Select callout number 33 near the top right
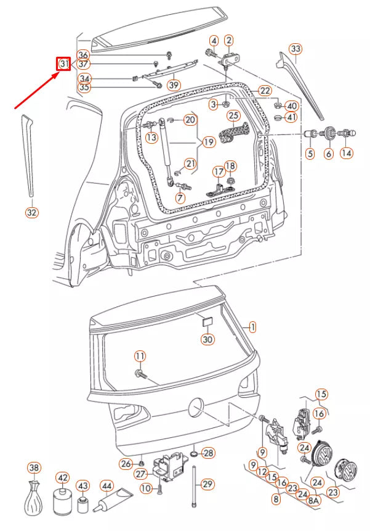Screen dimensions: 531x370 tap(296, 48)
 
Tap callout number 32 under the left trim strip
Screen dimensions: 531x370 tap(32, 213)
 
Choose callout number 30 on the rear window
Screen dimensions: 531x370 tap(208, 339)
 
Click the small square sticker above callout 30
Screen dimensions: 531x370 tap(208, 321)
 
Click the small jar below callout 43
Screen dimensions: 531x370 tap(83, 505)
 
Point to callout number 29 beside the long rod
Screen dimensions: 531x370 tap(207, 483)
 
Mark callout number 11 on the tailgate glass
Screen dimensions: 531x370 tap(140, 356)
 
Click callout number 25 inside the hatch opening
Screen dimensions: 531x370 tap(233, 115)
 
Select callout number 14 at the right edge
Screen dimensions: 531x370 tap(347, 152)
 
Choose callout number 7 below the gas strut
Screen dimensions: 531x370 tap(180, 198)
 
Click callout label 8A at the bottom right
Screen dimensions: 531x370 tap(314, 501)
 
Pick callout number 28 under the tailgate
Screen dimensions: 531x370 tap(208, 453)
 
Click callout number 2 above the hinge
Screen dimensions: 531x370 tap(229, 41)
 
